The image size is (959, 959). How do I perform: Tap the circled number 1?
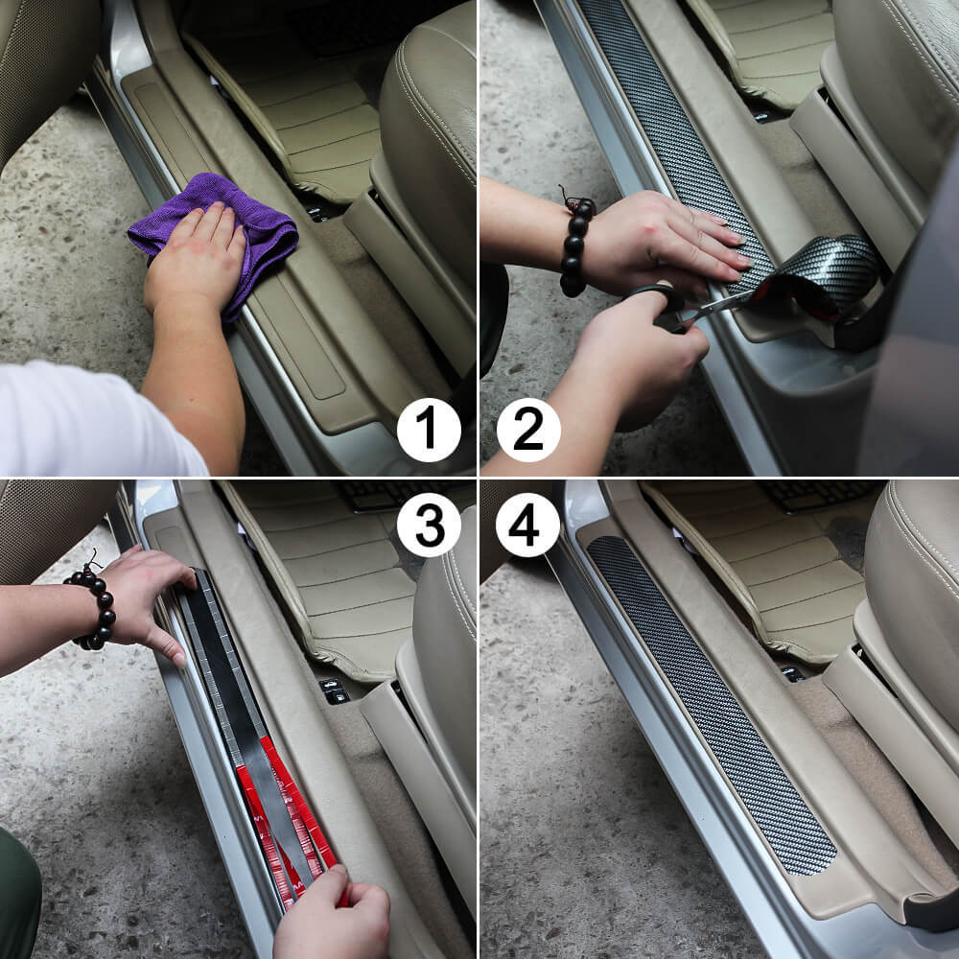click(x=429, y=429)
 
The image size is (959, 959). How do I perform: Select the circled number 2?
click(x=528, y=429)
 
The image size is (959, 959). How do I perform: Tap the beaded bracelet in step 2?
click(x=575, y=245)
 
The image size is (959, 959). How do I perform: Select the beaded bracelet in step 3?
click(x=93, y=604)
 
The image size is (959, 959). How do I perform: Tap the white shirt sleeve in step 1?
click(x=86, y=422)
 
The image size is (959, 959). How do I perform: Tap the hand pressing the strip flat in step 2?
click(x=662, y=240)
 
